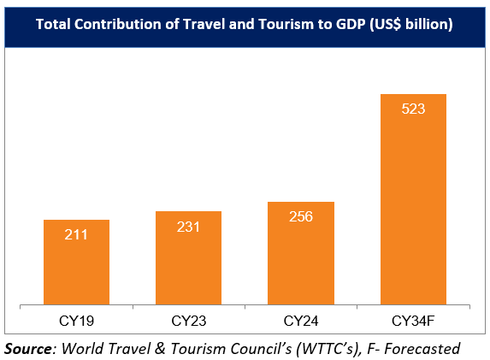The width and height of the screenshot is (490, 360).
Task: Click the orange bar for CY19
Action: pos(76,262)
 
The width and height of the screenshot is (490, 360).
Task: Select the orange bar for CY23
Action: pos(188,257)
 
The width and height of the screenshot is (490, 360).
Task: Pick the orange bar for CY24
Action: pos(301,253)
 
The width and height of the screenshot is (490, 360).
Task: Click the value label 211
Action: pos(76,234)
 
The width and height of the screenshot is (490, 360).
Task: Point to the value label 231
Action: pos(188,226)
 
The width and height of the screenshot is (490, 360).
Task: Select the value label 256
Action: pos(301,216)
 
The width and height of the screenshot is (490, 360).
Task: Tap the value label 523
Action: pos(413,109)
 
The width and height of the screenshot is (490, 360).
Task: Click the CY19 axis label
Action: pos(76,321)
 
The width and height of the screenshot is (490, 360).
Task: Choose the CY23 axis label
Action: pos(188,321)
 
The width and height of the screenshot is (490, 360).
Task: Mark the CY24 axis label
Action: pos(301,321)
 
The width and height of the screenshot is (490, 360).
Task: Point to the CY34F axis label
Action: pos(413,321)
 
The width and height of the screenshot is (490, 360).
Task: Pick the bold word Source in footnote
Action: pos(27,348)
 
